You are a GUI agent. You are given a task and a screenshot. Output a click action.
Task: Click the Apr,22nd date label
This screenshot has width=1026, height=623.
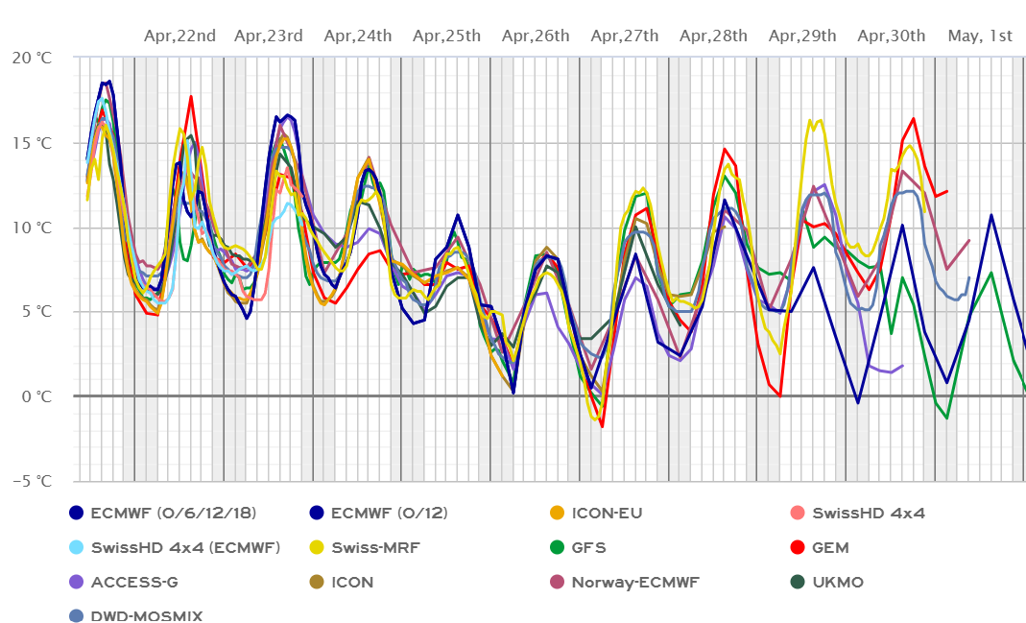click(x=179, y=36)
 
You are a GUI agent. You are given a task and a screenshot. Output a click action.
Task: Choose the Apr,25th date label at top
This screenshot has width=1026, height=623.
click(x=446, y=36)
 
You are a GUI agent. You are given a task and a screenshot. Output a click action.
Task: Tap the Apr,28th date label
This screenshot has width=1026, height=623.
click(x=713, y=36)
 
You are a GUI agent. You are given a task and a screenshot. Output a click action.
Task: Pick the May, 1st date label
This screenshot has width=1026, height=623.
click(x=980, y=36)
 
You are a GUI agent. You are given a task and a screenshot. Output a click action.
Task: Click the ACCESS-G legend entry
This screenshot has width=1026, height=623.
click(x=133, y=582)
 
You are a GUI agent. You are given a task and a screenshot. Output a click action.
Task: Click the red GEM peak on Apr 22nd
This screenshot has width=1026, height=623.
click(x=191, y=96)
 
